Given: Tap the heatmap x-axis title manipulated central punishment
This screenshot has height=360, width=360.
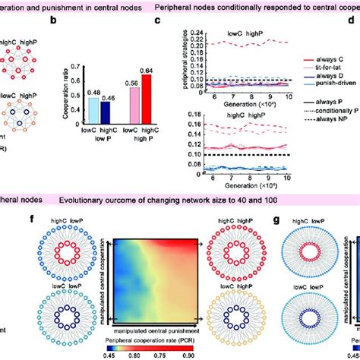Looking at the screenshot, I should pyautogui.click(x=167, y=332).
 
